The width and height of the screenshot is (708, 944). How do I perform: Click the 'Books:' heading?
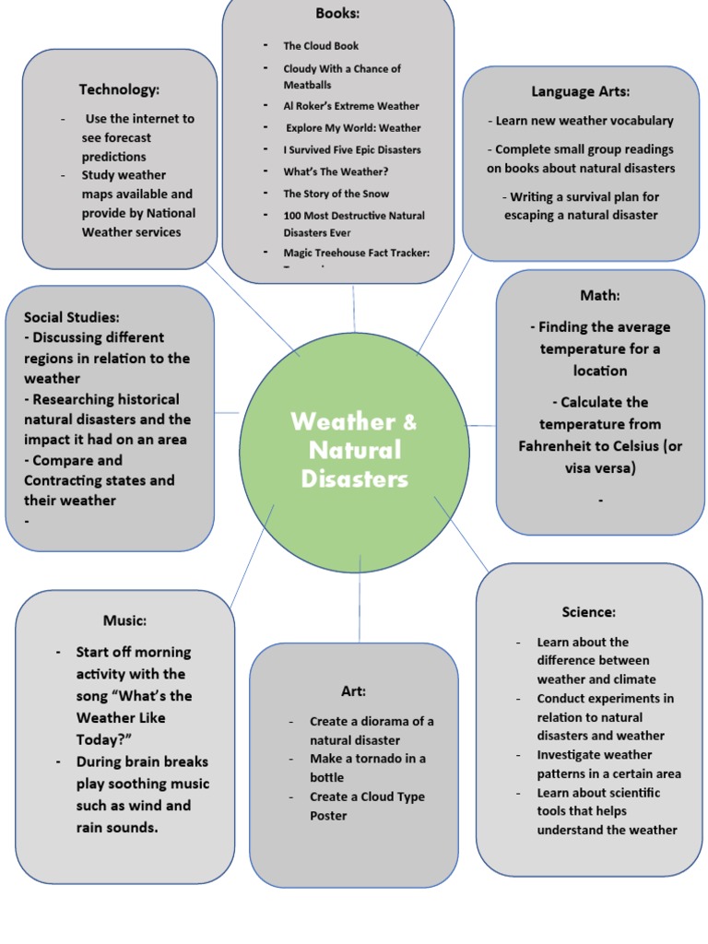click(337, 14)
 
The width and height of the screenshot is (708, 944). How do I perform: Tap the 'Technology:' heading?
click(119, 89)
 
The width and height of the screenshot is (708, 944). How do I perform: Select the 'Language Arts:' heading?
click(581, 91)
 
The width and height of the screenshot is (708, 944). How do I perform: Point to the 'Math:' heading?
click(600, 295)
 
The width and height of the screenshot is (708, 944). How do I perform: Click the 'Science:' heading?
click(589, 612)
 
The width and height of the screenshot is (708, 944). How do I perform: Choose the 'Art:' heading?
click(353, 690)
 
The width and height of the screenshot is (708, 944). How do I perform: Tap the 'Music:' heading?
click(124, 620)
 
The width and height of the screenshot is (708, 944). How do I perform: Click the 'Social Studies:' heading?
click(72, 317)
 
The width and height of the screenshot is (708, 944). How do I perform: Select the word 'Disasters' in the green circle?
click(354, 479)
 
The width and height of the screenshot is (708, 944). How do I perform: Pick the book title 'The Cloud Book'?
click(321, 45)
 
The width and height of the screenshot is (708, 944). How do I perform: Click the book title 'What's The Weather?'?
click(336, 171)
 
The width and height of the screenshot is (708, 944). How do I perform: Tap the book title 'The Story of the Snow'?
click(336, 194)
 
